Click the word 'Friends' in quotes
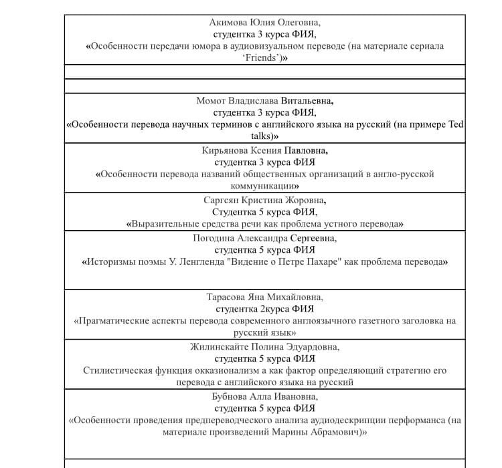[260, 58]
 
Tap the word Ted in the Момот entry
[454, 124]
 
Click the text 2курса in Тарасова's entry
[274, 309]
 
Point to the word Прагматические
[118, 321]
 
